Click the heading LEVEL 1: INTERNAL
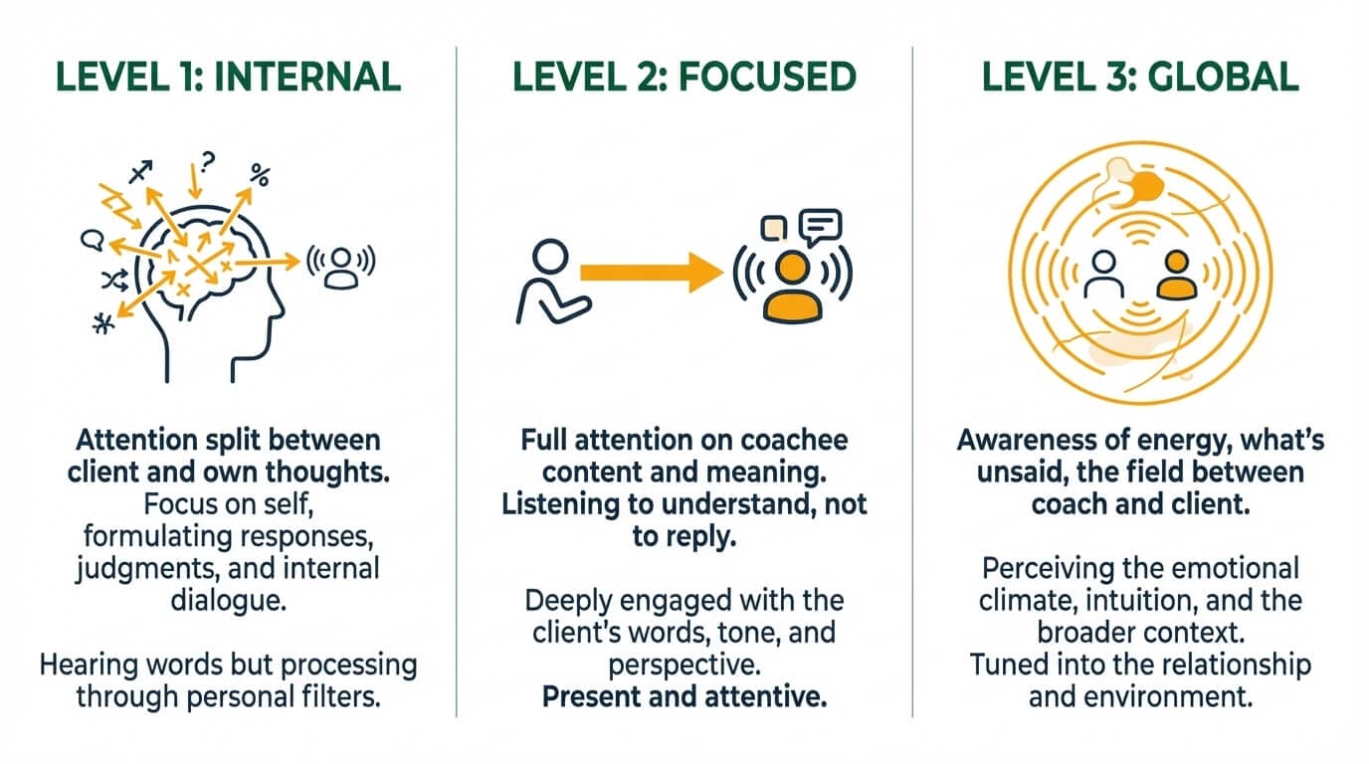[x=228, y=78]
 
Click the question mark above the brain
[x=207, y=159]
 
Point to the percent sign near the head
[x=261, y=177]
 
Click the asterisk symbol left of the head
[x=101, y=325]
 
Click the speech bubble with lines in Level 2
[x=822, y=228]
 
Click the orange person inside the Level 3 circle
[x=1177, y=276]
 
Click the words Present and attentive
[x=684, y=696]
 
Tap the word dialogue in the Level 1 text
[x=228, y=602]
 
